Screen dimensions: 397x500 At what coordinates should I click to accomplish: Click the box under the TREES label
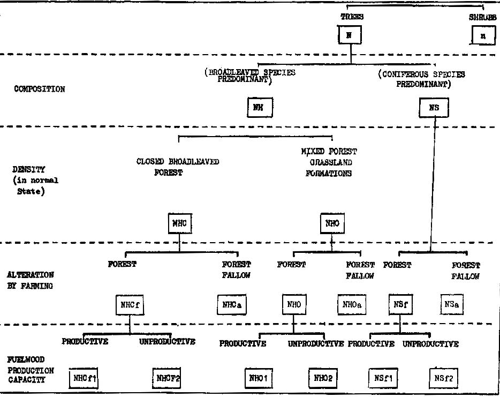pyautogui.click(x=350, y=35)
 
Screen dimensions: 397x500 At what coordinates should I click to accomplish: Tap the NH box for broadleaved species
pyautogui.click(x=260, y=108)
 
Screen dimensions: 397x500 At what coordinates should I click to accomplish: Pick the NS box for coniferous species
pyautogui.click(x=434, y=108)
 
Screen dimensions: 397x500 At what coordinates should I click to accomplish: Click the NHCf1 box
pyautogui.click(x=85, y=379)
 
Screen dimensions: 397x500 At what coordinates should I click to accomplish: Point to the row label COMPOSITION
pyautogui.click(x=40, y=89)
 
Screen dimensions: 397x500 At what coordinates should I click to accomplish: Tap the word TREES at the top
pyautogui.click(x=352, y=17)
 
